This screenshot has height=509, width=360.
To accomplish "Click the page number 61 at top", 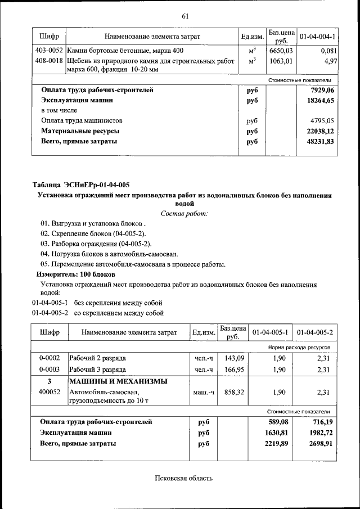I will pos(184,15).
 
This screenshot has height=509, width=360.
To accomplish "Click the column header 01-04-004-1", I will pos(317,37).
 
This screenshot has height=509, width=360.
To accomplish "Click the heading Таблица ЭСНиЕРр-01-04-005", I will pos(81,185).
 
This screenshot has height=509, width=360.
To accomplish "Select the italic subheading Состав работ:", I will pos(184,214).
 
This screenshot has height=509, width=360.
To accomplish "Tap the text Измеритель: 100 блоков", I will pos(76,274).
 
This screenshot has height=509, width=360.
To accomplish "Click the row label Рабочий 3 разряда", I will pos(97,370).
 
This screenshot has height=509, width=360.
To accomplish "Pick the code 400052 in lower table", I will pos(49,392).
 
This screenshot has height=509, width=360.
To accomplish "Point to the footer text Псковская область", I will pos(184,479).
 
